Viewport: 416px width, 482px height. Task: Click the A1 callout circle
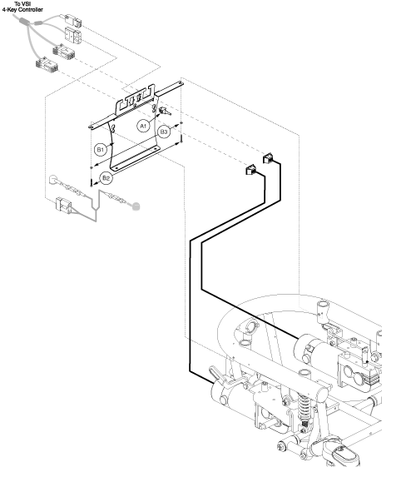[x=143, y=126]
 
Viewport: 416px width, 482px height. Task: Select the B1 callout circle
[x=101, y=150]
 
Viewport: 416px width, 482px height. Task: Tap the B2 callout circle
[x=106, y=178]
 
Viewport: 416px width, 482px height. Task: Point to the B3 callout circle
[x=164, y=132]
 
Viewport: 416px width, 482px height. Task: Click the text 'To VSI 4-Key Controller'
[x=22, y=7]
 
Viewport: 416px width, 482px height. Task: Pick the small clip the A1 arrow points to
[x=165, y=111]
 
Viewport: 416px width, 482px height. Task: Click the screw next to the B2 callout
[x=92, y=182]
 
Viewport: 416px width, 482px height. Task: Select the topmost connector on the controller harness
[x=73, y=20]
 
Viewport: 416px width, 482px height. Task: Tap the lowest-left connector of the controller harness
[x=47, y=64]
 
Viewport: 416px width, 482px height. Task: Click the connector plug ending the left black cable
[x=251, y=170]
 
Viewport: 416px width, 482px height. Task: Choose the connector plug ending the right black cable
[x=268, y=158]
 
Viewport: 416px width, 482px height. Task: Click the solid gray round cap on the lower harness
[x=136, y=206]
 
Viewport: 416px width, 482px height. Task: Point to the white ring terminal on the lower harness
[x=53, y=180]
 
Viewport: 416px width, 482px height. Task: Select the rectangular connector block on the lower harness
[x=63, y=205]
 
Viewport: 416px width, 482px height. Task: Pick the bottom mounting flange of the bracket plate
[x=135, y=158]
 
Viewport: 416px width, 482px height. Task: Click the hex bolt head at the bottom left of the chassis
[x=280, y=446]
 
